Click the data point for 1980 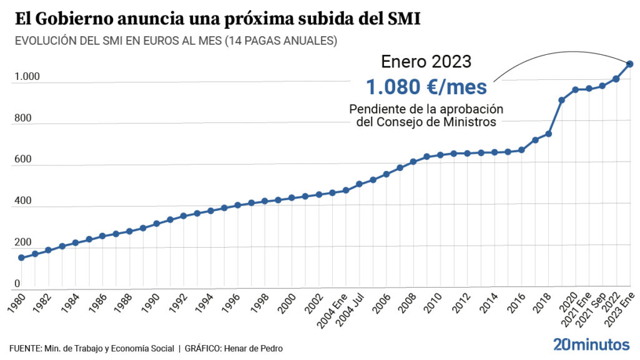click(x=21, y=258)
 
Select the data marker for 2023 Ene click(x=630, y=64)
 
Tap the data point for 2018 click(x=548, y=134)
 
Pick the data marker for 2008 click(x=413, y=162)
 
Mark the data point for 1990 click(x=157, y=223)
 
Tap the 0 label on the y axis click(x=17, y=284)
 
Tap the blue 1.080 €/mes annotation click(x=426, y=87)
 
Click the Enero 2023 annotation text click(x=426, y=61)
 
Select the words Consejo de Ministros click(x=444, y=122)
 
